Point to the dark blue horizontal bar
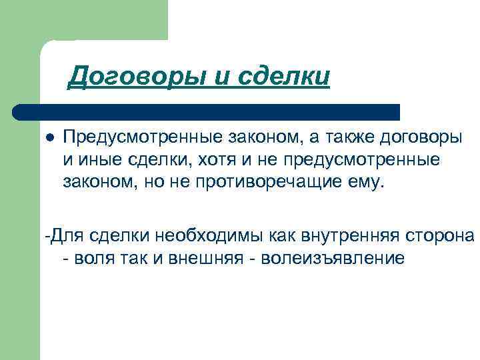[x=207, y=111]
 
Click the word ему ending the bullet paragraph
[x=369, y=183]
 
